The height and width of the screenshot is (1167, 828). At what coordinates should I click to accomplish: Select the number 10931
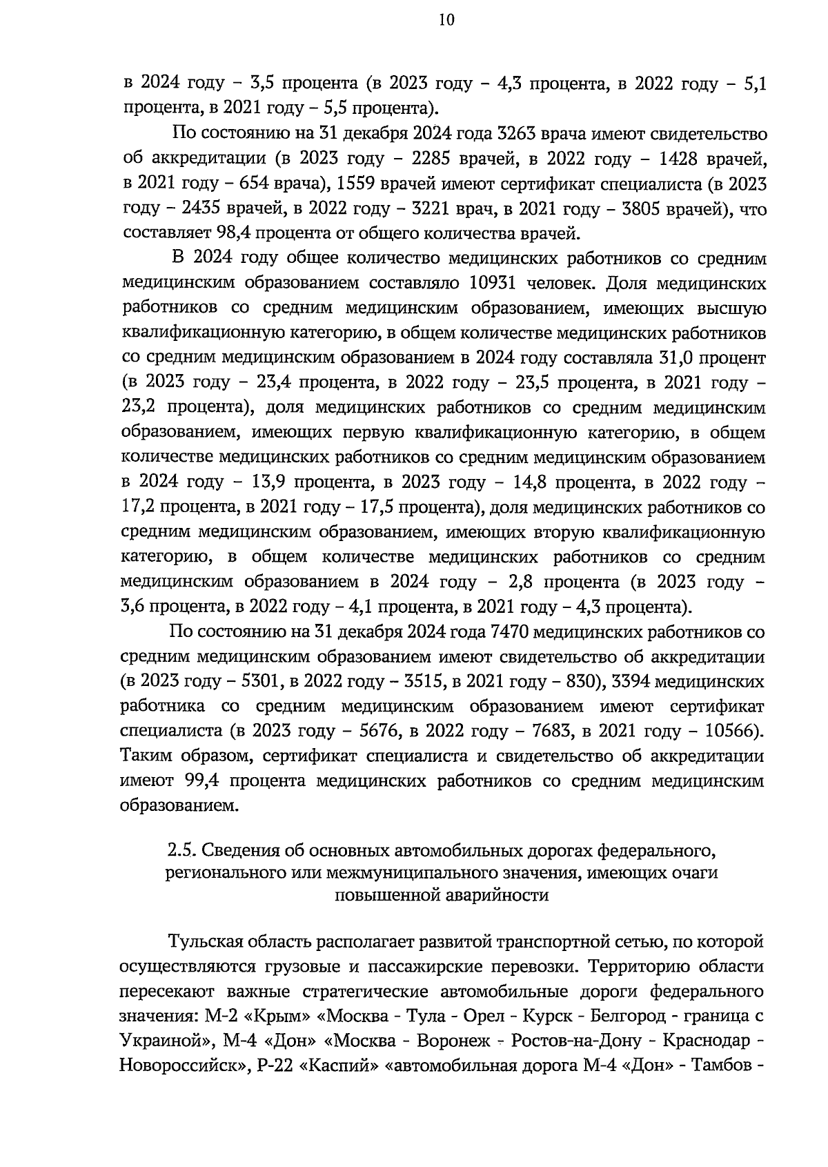point(496,283)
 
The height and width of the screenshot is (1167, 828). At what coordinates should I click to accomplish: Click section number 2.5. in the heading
point(182,847)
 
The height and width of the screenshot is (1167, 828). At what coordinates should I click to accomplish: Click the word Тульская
point(204,941)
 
